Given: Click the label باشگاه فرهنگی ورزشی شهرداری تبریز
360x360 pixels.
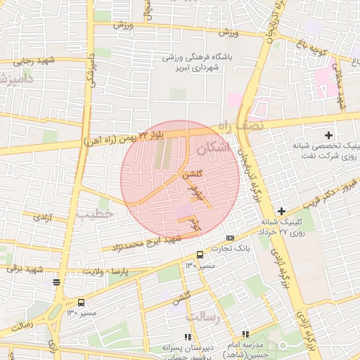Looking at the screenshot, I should point(192,61).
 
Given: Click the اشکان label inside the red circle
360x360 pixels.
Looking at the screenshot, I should point(214,148).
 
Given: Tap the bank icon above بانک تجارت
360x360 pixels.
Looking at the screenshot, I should point(231,238).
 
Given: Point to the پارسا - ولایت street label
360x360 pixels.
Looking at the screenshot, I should point(103,270).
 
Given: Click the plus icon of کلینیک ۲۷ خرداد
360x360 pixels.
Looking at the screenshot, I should point(281,211).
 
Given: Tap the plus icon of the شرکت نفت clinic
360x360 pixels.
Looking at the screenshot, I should point(328,134).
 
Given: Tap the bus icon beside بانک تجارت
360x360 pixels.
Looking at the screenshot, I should point(200,255).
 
